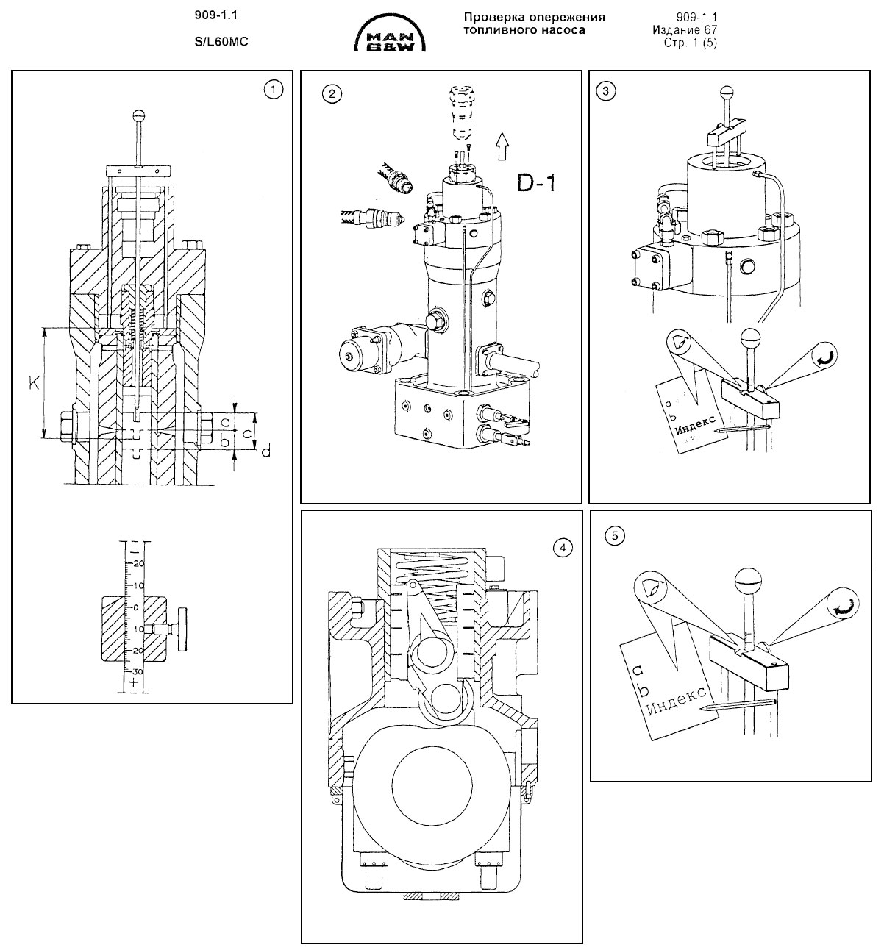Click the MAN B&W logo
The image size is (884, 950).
click(393, 37)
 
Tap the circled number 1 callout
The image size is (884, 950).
click(273, 90)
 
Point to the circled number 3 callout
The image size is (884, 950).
click(605, 90)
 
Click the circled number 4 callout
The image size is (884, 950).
click(561, 547)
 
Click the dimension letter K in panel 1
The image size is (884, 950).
click(34, 385)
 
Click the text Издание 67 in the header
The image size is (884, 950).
click(685, 30)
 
